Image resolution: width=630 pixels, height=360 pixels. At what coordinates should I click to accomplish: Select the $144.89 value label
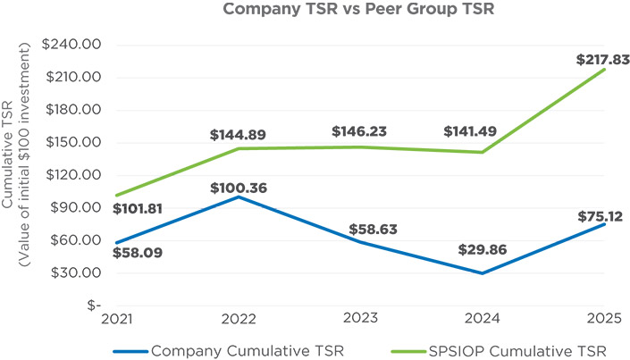point(239,135)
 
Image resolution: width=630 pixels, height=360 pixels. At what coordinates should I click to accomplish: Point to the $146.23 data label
point(360,130)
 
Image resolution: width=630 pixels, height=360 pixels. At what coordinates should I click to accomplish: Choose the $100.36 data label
point(239,188)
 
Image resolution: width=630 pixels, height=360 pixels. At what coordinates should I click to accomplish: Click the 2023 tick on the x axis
point(361,318)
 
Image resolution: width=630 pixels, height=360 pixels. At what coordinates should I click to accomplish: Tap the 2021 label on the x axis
point(117,318)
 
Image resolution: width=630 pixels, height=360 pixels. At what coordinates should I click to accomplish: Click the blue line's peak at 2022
point(239,197)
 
